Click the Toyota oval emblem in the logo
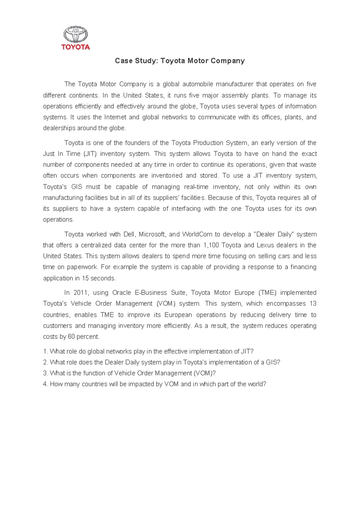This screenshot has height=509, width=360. click(x=75, y=34)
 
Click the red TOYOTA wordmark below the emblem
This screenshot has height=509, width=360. click(x=75, y=47)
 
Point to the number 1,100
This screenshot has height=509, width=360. click(x=211, y=245)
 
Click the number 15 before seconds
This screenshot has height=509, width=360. click(x=85, y=278)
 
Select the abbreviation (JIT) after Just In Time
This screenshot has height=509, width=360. click(x=90, y=154)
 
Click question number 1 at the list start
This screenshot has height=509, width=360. click(x=45, y=351)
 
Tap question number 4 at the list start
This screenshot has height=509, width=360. click(x=45, y=384)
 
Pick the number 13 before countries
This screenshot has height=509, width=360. click(x=313, y=304)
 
